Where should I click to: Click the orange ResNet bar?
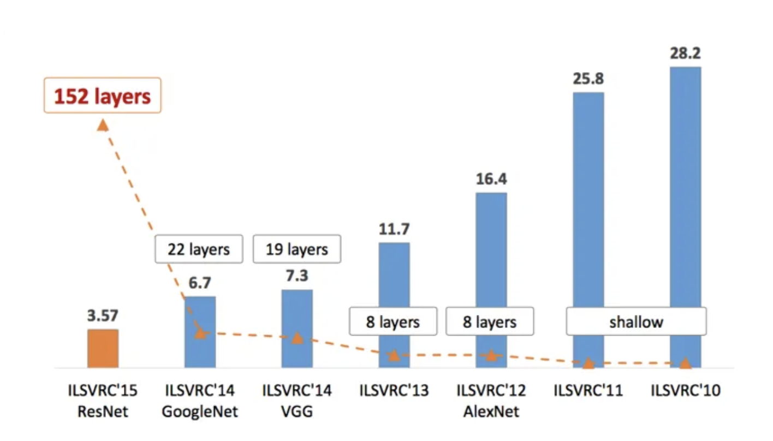click(x=103, y=348)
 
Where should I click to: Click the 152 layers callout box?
click(x=103, y=96)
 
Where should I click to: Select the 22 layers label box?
click(x=199, y=249)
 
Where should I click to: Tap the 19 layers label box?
click(x=296, y=249)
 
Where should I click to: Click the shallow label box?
click(x=636, y=321)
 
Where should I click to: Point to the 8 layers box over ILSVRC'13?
click(x=393, y=321)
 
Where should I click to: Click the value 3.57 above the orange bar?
click(x=103, y=315)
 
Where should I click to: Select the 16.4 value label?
click(x=491, y=179)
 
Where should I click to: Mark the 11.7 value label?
click(x=394, y=229)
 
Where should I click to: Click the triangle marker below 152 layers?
click(x=103, y=126)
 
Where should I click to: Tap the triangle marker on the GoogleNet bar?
click(x=200, y=332)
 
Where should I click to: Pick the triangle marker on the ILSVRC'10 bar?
click(x=685, y=363)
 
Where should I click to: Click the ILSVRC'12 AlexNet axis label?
click(x=491, y=401)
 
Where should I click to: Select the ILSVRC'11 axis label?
click(x=588, y=391)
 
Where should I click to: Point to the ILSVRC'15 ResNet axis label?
click(x=103, y=401)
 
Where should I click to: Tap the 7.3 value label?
click(x=297, y=276)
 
